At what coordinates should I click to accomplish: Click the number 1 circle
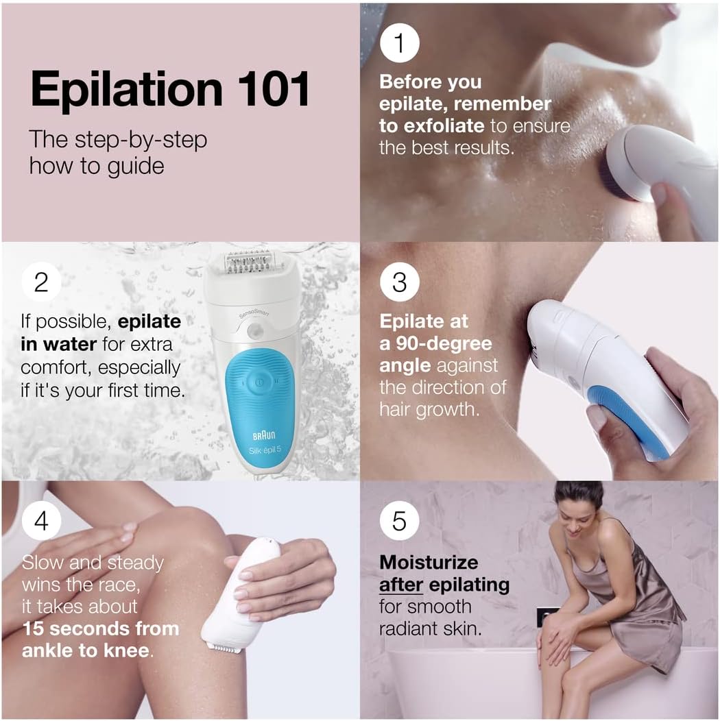[399, 42]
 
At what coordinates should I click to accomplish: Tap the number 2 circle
[41, 282]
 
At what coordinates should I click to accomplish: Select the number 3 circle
[399, 282]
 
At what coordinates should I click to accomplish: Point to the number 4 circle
[41, 520]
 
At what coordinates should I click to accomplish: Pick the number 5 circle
[399, 520]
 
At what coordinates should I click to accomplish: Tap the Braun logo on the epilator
[264, 435]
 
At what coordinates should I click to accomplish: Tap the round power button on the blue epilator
[259, 381]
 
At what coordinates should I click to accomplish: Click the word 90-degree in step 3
[444, 344]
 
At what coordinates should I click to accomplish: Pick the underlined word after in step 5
[400, 585]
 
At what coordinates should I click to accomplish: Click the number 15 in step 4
[33, 628]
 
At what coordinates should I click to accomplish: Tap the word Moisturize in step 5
[429, 563]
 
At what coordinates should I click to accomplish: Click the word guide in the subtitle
[135, 167]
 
